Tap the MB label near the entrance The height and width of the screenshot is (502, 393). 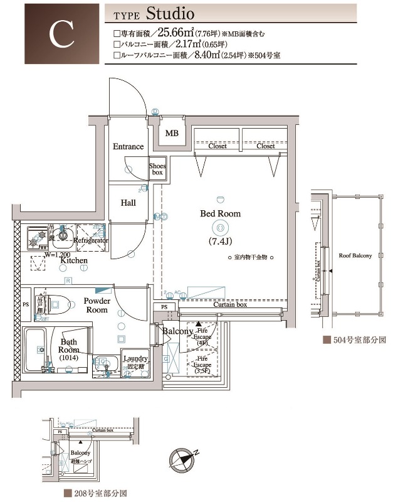(x=171, y=133)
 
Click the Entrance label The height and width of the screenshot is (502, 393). (x=128, y=146)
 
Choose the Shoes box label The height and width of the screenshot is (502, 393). (x=157, y=169)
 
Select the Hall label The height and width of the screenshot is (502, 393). (x=128, y=203)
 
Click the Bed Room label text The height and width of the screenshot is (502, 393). (x=220, y=213)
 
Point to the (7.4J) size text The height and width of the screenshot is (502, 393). (x=220, y=240)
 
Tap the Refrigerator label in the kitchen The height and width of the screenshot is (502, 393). (x=91, y=240)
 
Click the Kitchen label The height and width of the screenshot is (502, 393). (x=73, y=260)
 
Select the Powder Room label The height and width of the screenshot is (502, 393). (x=97, y=305)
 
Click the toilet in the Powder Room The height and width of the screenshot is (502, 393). (x=53, y=304)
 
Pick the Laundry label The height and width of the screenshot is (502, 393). (x=135, y=358)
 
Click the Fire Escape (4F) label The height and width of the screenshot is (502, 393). (x=202, y=336)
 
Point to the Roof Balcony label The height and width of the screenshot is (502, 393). (x=355, y=255)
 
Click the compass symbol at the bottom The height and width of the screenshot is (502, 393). (x=182, y=459)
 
